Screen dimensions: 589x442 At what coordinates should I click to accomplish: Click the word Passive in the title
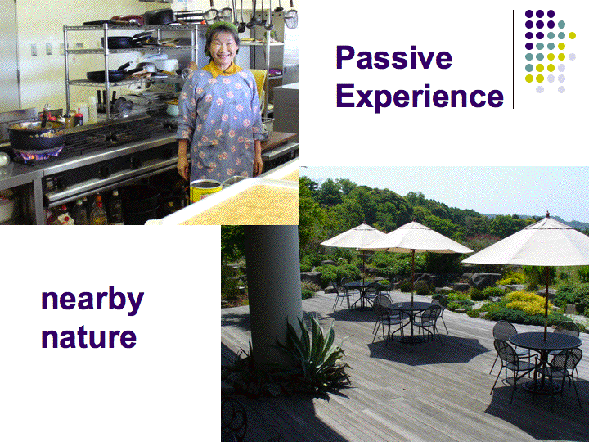(x=393, y=58)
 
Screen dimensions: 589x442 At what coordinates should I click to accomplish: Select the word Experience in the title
(x=420, y=97)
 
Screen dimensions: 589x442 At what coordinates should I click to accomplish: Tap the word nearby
(x=92, y=300)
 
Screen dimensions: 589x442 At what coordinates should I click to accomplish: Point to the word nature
(x=88, y=337)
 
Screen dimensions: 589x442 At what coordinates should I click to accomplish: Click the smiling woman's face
(x=223, y=47)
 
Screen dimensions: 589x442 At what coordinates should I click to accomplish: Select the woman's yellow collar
(x=222, y=70)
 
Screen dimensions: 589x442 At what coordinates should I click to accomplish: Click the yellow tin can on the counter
(x=205, y=191)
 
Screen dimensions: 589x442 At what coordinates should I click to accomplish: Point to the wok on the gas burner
(x=36, y=134)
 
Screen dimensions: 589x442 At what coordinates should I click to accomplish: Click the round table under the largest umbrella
(x=545, y=341)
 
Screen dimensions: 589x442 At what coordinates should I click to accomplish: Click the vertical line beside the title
(x=513, y=59)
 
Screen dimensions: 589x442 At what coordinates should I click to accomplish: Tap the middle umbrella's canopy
(x=415, y=238)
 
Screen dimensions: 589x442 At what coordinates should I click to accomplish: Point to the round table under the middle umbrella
(x=411, y=306)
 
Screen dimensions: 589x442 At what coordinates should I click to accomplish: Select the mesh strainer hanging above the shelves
(x=290, y=19)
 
